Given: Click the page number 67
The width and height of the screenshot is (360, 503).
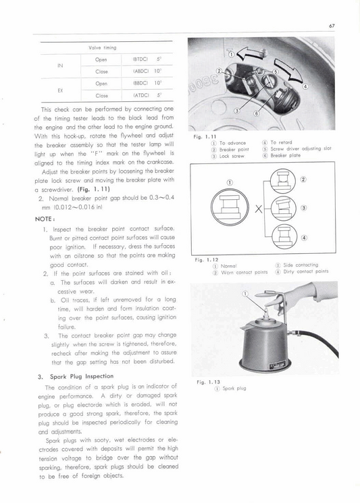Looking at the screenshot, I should [332, 26].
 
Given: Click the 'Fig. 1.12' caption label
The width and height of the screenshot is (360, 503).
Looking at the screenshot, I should [203, 259].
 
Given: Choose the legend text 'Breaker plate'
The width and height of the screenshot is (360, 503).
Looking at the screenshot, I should [288, 155].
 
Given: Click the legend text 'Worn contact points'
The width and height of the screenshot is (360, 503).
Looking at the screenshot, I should [242, 271].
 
